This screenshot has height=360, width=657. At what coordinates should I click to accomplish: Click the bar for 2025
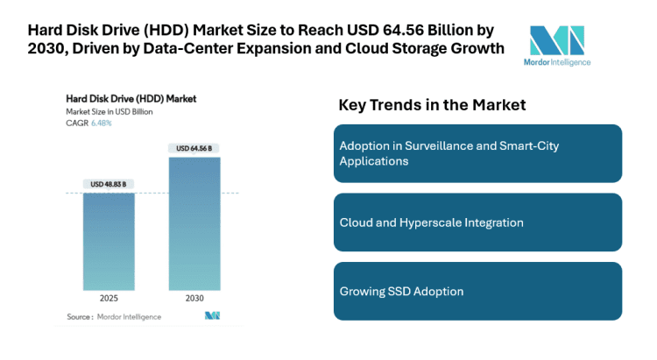coord(109,241)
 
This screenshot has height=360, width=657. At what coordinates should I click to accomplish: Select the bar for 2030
coord(194,223)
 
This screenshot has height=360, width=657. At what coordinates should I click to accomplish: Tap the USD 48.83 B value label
coord(109,184)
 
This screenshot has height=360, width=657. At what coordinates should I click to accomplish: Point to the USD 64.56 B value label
coord(194,149)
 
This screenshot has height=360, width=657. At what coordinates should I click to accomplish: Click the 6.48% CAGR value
coord(102,124)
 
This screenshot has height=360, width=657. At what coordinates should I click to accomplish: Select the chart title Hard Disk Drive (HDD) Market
coord(131,98)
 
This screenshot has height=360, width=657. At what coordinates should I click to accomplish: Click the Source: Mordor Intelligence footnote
coord(114,316)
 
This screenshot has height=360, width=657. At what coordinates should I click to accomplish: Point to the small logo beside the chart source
coord(212,316)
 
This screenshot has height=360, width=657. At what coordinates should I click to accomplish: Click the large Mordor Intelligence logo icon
coord(556,40)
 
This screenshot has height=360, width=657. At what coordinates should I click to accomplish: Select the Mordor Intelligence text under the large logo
coord(561,62)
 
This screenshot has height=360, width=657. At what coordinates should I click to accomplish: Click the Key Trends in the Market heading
coord(432,105)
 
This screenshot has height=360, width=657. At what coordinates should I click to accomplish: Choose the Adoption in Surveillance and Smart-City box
coord(477,153)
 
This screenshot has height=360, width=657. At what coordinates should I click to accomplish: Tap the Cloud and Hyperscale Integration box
coord(477,222)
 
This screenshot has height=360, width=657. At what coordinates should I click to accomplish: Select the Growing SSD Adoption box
coord(477,291)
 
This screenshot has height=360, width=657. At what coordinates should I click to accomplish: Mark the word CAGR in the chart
coord(77,124)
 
